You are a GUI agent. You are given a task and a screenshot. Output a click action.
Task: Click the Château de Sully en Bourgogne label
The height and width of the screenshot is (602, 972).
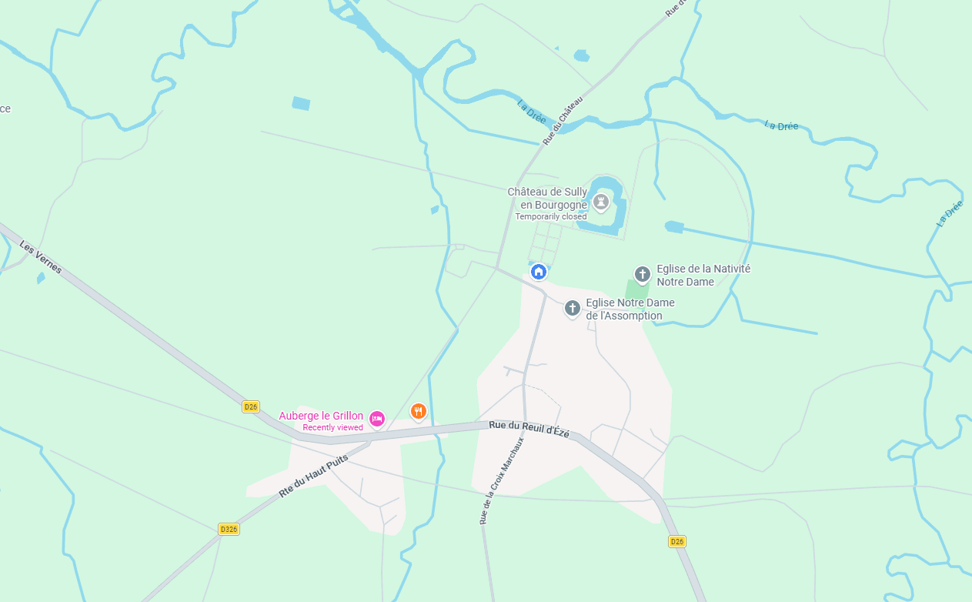pyautogui.click(x=547, y=198)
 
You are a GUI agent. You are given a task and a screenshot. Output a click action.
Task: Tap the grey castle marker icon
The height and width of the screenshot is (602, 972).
pyautogui.click(x=601, y=202)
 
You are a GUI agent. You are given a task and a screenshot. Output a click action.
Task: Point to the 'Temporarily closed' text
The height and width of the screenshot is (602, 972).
pyautogui.click(x=550, y=217)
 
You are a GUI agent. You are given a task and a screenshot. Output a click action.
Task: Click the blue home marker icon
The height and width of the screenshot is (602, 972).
pyautogui.click(x=539, y=271)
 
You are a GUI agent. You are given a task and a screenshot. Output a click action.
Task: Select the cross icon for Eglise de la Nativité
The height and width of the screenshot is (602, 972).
pyautogui.click(x=643, y=274)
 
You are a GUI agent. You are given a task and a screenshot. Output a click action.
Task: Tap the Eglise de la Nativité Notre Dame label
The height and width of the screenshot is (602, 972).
pyautogui.click(x=703, y=275)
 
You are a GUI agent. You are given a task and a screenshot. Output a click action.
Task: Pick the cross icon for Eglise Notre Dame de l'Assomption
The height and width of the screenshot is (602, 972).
pyautogui.click(x=572, y=308)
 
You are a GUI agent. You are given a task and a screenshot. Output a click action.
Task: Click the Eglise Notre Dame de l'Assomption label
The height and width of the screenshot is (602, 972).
pyautogui.click(x=630, y=309)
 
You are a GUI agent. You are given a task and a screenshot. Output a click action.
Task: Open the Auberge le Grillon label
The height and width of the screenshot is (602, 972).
pyautogui.click(x=321, y=416)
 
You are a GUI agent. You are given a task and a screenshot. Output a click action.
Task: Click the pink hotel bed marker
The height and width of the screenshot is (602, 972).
pyautogui.click(x=376, y=418)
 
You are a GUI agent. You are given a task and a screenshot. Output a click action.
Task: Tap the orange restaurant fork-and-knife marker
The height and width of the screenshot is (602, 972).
pyautogui.click(x=418, y=411)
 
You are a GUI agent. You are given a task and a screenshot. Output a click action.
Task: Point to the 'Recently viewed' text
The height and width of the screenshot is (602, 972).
pyautogui.click(x=332, y=427)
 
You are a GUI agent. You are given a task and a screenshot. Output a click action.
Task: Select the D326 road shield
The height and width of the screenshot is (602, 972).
pyautogui.click(x=229, y=529)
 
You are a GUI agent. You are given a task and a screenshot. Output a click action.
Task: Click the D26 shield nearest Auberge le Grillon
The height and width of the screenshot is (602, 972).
pyautogui.click(x=250, y=406)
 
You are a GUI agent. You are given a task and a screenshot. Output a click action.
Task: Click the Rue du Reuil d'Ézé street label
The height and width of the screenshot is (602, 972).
pyautogui.click(x=529, y=430)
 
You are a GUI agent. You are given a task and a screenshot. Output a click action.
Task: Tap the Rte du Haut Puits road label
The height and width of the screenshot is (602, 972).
pyautogui.click(x=313, y=475)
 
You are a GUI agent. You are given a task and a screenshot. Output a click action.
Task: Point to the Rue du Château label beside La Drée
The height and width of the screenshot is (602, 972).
pyautogui.click(x=563, y=119)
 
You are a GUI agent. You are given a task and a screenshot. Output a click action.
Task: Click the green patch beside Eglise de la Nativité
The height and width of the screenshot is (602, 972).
pyautogui.click(x=636, y=290)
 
